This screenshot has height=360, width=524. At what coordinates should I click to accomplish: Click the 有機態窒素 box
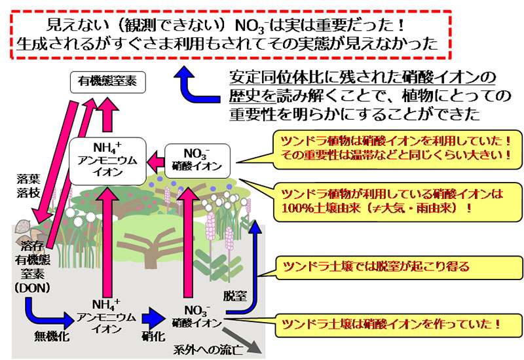pyautogui.click(x=108, y=81)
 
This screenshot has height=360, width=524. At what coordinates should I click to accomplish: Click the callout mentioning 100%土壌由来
pyautogui.click(x=394, y=201)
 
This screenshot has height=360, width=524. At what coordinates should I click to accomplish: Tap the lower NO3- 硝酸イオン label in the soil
pyautogui.click(x=196, y=314)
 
